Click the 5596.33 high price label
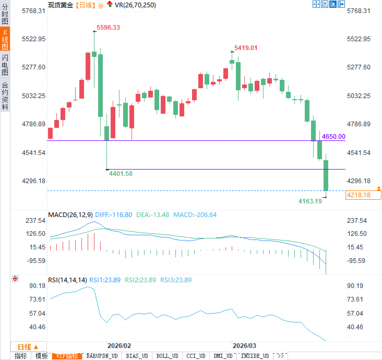pyautogui.click(x=108, y=27)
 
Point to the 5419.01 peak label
pyautogui.click(x=246, y=48)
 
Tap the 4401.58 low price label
pyautogui.click(x=121, y=173)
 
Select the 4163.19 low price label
pyautogui.click(x=310, y=201)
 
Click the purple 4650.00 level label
pyautogui.click(x=333, y=136)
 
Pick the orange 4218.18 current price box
pyautogui.click(x=363, y=195)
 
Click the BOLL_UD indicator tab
pyautogui.click(x=167, y=356)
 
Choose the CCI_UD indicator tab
pyautogui.click(x=196, y=356)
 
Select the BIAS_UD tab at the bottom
pyautogui.click(x=137, y=356)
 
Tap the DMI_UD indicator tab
pyautogui.click(x=223, y=356)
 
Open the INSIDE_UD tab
pyautogui.click(x=255, y=356)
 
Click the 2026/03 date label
pyautogui.click(x=244, y=346)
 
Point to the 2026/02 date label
pyautogui.click(x=119, y=346)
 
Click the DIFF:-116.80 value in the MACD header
pyautogui.click(x=114, y=215)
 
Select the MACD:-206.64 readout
pyautogui.click(x=195, y=215)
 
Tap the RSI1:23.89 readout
pyautogui.click(x=105, y=280)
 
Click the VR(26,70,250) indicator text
pyautogui.click(x=135, y=5)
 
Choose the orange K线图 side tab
pyautogui.click(x=5, y=39)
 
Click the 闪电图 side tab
pyautogui.click(x=5, y=65)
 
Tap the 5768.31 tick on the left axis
pyautogui.click(x=33, y=11)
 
